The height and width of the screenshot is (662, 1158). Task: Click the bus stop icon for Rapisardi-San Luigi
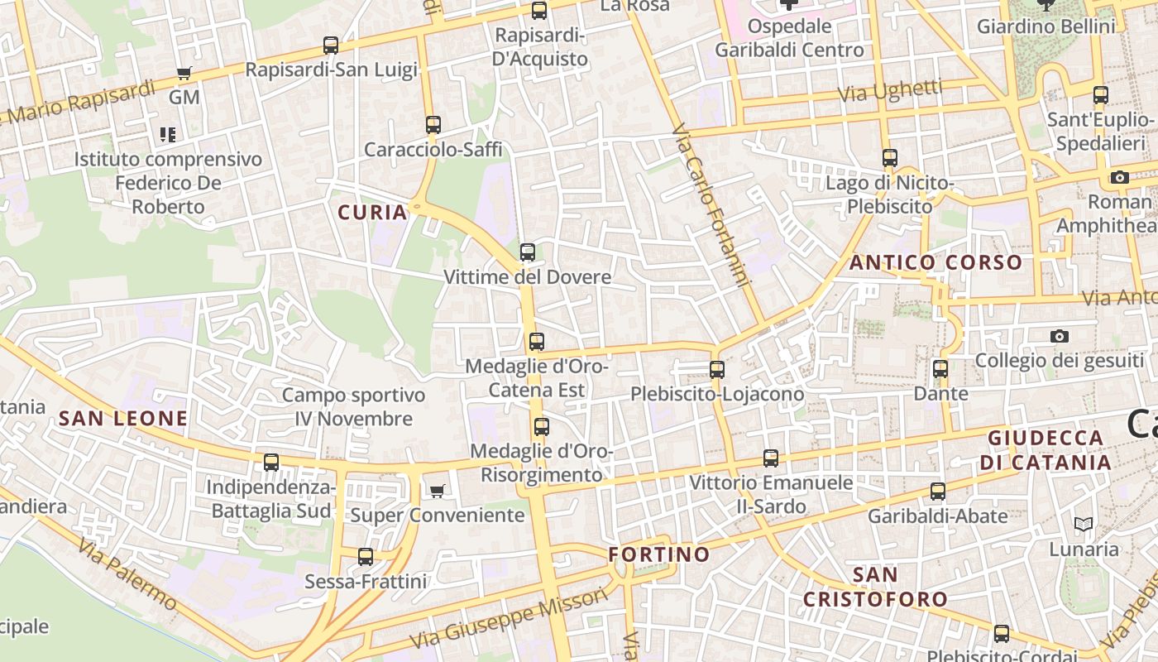point(331,46)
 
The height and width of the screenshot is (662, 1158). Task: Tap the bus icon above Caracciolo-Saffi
point(433,125)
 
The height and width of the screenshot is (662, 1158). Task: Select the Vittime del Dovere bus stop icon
point(527,252)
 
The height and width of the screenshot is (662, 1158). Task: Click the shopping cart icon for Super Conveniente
point(438,491)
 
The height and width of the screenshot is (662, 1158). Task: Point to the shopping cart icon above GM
point(184,74)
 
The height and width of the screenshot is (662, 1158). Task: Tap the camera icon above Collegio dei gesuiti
point(1059,336)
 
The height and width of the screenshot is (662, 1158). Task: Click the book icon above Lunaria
point(1083,524)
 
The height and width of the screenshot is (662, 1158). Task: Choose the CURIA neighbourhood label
point(373,213)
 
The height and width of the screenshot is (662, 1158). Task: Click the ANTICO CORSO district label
point(935,263)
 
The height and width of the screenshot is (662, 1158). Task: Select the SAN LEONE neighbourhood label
point(123,419)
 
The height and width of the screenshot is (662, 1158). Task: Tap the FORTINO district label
point(659,554)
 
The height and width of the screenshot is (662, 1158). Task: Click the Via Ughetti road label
point(890,91)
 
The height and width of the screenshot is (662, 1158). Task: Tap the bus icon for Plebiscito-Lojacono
point(717,370)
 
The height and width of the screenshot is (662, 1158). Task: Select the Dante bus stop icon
point(940,369)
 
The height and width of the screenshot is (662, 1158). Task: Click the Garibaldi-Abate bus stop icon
point(937,492)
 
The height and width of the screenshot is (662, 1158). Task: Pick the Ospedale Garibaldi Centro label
point(788,38)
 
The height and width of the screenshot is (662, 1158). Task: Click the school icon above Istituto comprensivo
point(168,134)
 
